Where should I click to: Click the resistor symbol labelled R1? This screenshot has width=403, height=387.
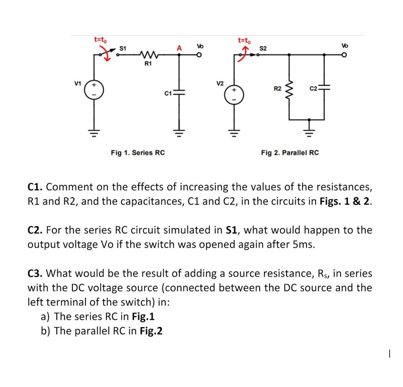[x=148, y=54]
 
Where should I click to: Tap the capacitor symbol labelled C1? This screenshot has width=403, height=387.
[x=179, y=93]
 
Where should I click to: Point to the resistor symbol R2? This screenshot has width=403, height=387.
[x=289, y=88]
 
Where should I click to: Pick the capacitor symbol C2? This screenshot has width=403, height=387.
[x=324, y=88]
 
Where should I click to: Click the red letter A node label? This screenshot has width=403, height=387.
[x=179, y=48]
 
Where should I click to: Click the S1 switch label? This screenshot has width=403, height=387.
[x=122, y=48]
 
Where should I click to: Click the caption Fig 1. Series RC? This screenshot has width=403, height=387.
[x=137, y=152]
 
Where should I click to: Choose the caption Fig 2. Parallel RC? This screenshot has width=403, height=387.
[x=290, y=152]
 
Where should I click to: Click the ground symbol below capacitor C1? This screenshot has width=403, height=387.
[x=179, y=131]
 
